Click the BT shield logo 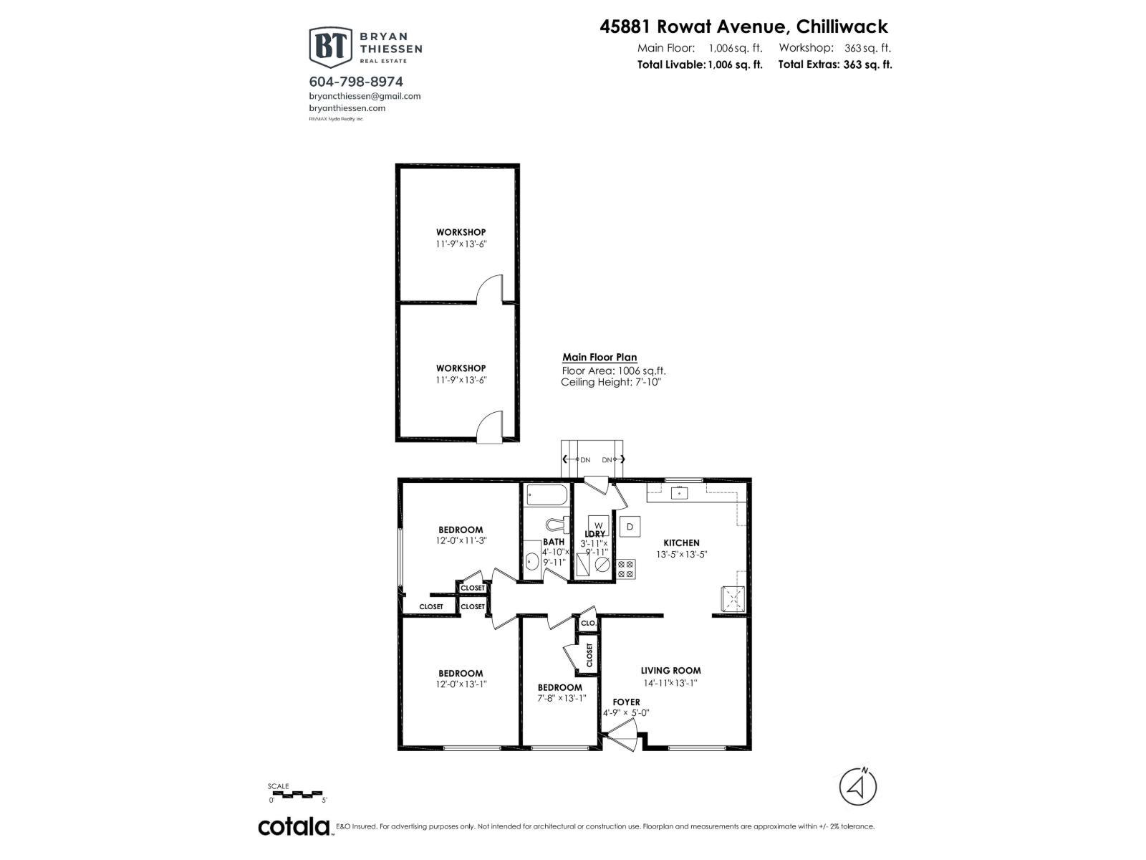click(x=330, y=47)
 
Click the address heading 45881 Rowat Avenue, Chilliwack click(x=743, y=27)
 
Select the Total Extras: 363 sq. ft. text click(x=835, y=64)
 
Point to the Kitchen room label click(x=680, y=543)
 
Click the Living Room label click(x=670, y=671)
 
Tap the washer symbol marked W click(x=598, y=525)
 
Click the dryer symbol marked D click(x=630, y=526)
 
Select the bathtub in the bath click(x=546, y=494)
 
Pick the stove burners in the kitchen click(x=625, y=569)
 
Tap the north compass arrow click(x=857, y=787)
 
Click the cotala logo click(x=294, y=826)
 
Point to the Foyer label click(x=626, y=702)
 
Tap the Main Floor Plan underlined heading click(x=599, y=357)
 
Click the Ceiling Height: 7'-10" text click(x=610, y=382)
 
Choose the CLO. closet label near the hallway click(x=588, y=623)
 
